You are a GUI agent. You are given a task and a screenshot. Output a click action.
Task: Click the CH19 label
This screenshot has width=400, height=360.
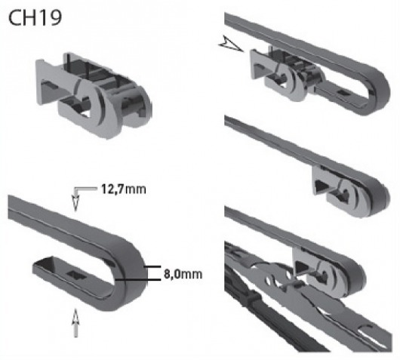click(35, 17)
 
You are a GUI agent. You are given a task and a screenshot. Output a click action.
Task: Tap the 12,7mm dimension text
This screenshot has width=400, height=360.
click(124, 189)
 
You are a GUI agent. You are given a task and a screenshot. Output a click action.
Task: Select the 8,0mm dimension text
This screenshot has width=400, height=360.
click(183, 274)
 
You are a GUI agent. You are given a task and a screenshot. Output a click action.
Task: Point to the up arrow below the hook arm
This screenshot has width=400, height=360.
click(75, 323)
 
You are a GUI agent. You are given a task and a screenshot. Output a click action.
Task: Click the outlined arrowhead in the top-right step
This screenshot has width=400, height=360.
click(230, 45)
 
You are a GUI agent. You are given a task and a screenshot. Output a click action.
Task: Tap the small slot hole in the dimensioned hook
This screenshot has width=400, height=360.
click(75, 275)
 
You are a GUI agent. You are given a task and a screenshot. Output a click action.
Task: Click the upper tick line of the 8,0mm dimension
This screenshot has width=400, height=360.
click(152, 266)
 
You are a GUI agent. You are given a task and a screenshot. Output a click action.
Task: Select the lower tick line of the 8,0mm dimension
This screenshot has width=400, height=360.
click(138, 280)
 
